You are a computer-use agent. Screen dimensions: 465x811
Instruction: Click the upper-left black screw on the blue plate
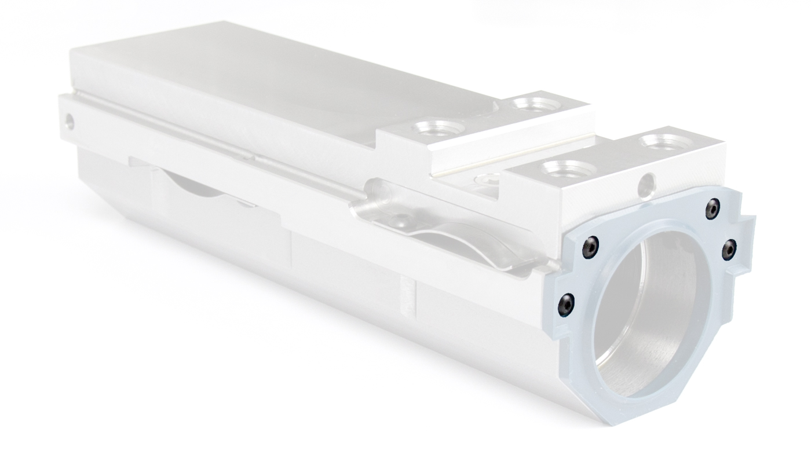tap(590, 247)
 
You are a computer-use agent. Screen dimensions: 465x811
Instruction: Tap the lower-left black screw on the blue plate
tap(566, 304)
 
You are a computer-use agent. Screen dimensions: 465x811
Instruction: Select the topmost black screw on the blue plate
tap(713, 210)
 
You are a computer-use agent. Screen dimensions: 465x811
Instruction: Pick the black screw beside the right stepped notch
tap(729, 249)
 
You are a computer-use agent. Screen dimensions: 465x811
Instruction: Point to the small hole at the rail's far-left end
tap(70, 122)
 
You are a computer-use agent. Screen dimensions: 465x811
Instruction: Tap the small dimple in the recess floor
tap(400, 218)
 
